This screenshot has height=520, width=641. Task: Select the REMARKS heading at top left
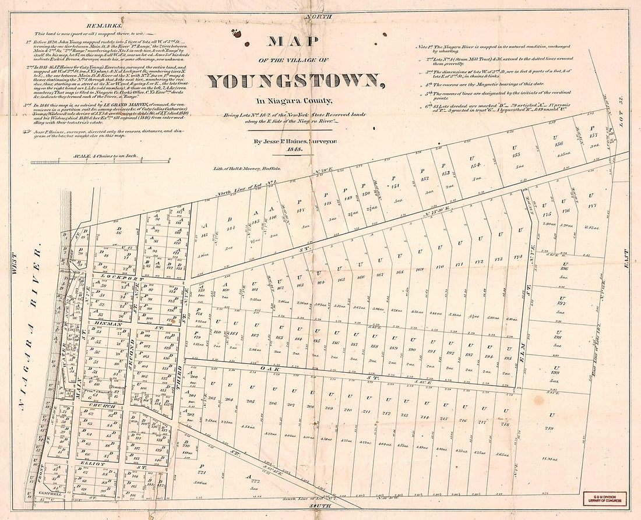101,26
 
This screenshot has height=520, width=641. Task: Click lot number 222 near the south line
255,480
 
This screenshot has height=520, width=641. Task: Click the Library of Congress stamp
606,498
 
